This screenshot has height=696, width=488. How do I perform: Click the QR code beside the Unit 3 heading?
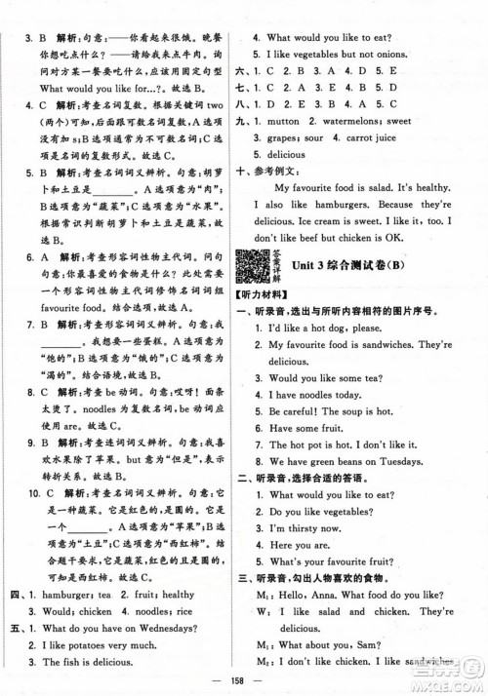[x=257, y=267]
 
